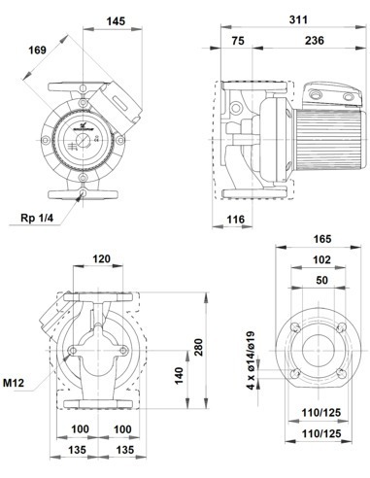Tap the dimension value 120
point(99,260)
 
